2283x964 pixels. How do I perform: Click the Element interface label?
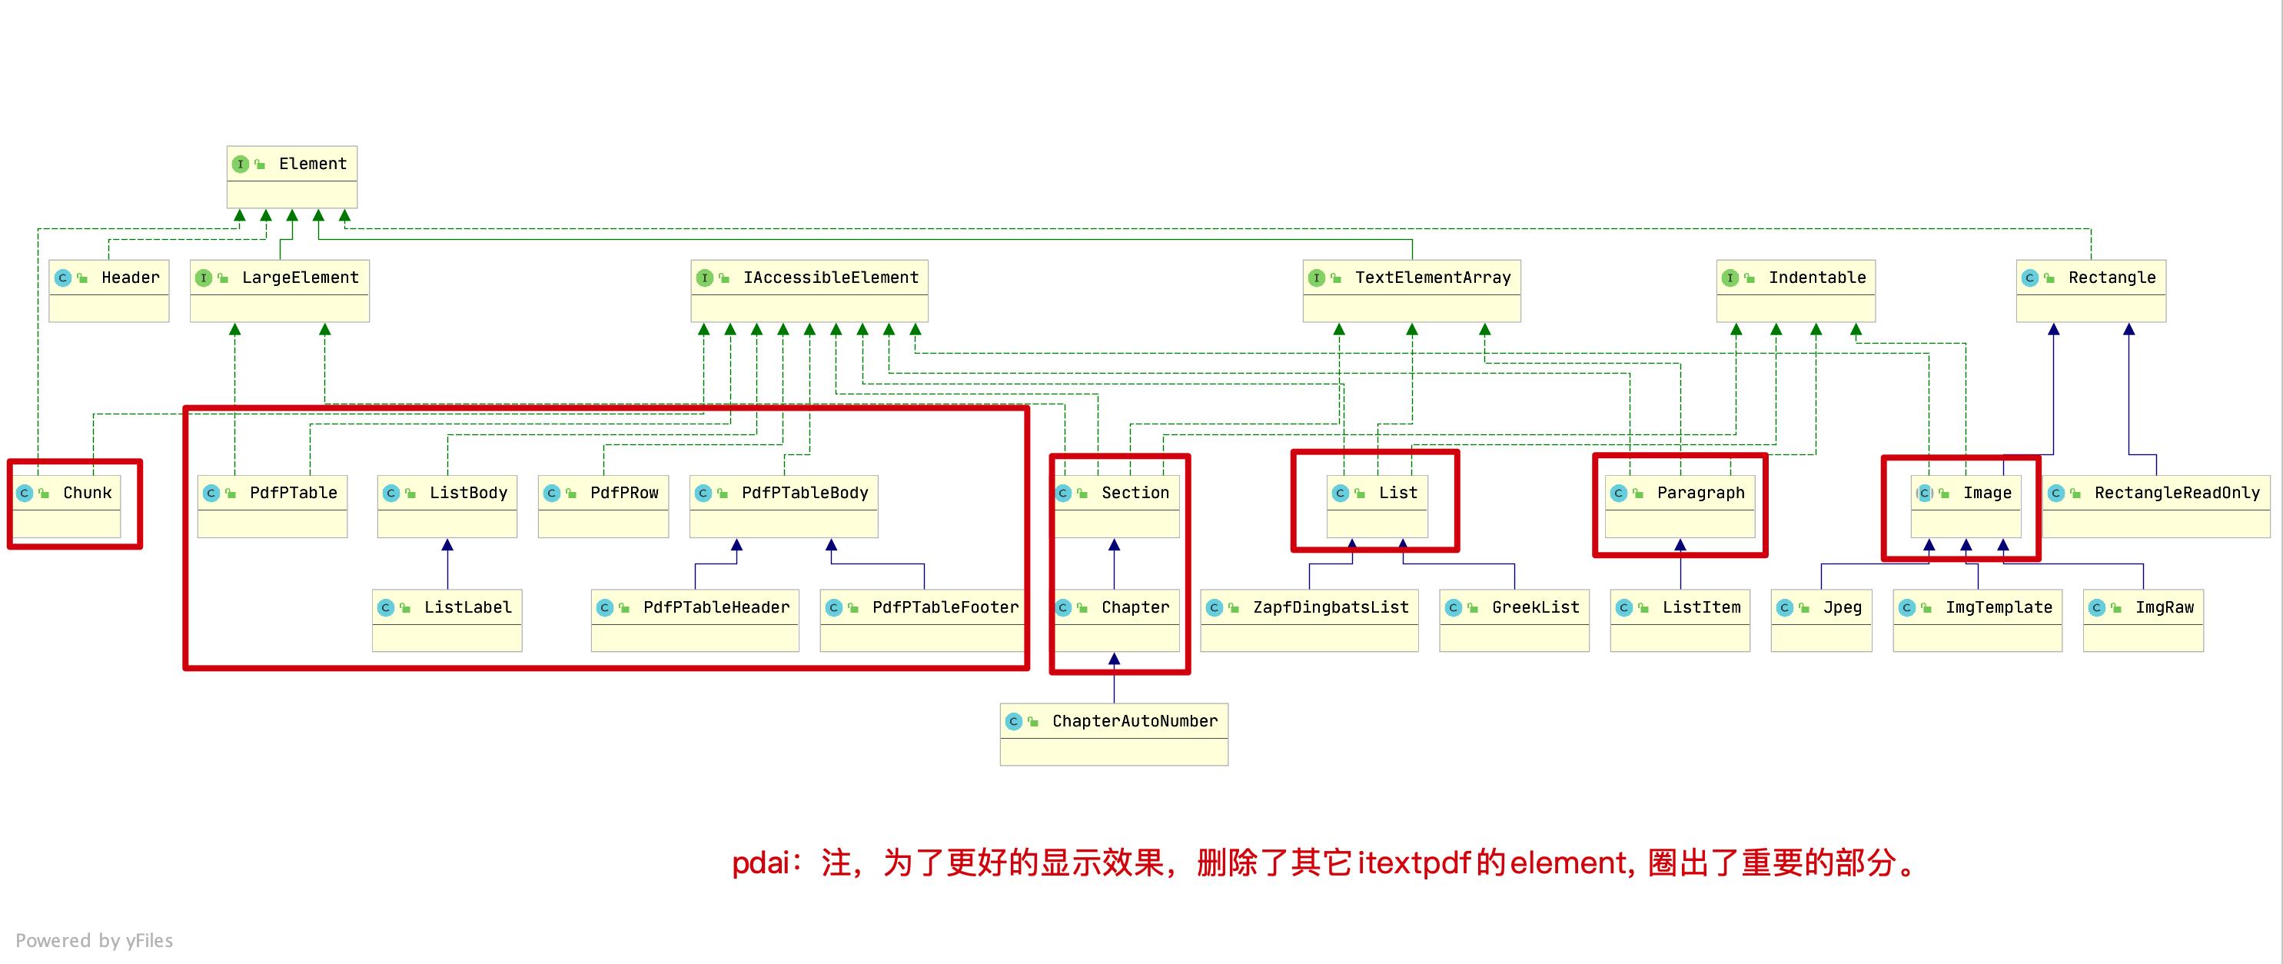(x=312, y=164)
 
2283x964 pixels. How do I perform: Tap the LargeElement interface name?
(x=300, y=278)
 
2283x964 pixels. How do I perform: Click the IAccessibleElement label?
(x=830, y=278)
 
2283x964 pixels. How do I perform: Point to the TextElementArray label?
(x=1432, y=278)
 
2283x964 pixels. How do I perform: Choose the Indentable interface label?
(x=1817, y=278)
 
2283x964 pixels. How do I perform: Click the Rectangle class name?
(x=2111, y=278)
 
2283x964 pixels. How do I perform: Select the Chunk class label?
(x=87, y=494)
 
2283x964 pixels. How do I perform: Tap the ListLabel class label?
(x=467, y=608)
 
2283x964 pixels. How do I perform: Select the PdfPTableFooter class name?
(x=945, y=608)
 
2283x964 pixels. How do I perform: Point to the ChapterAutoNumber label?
(x=1135, y=722)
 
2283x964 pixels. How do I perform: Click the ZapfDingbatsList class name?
(x=1331, y=608)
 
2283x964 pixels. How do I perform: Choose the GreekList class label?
(x=1535, y=608)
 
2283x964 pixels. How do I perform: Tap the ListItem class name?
(x=1701, y=608)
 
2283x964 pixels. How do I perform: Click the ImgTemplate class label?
(x=1999, y=608)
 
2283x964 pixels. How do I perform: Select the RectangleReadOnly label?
(x=2177, y=494)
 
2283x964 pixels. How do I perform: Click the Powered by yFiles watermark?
(x=94, y=941)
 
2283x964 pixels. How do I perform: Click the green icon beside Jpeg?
(x=1803, y=608)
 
